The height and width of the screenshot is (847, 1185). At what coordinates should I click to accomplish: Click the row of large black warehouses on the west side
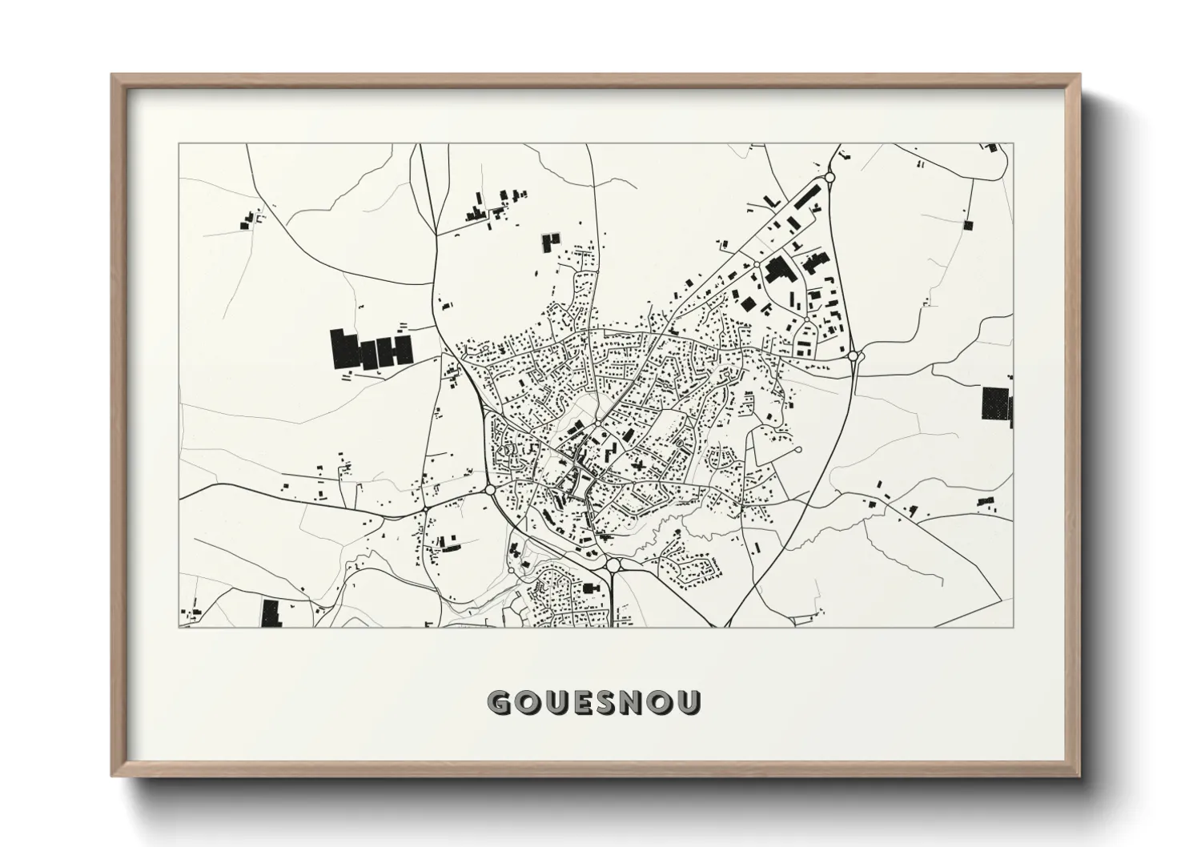point(371,351)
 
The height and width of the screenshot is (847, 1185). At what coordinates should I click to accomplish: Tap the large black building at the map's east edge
point(996,403)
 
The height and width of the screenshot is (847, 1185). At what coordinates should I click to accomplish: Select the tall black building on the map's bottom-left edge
point(270,612)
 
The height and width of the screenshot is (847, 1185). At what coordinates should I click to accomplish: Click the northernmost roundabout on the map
point(829,177)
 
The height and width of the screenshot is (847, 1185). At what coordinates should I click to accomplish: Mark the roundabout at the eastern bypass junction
point(854,355)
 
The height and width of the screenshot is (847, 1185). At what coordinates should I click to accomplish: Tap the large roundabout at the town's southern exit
point(613,565)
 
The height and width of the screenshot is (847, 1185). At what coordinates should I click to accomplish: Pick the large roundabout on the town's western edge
point(490,488)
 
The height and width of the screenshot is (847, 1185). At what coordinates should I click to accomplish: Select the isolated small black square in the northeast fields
point(968,225)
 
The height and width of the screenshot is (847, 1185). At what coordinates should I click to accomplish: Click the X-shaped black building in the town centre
point(638,464)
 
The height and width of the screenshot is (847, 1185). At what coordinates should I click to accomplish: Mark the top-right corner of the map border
point(1013,144)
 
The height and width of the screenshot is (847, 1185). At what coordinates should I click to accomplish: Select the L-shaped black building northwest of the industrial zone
point(772,199)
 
